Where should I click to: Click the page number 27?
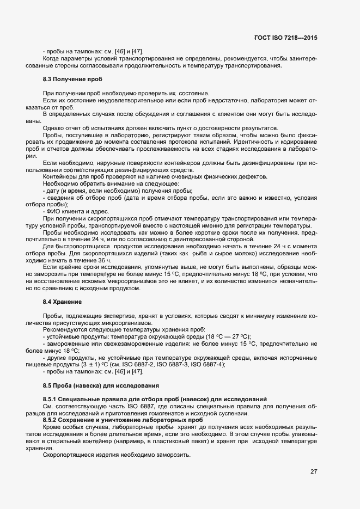pos(314,471)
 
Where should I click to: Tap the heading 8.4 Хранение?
pos(62,302)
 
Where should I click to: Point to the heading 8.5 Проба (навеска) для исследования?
pos(101,386)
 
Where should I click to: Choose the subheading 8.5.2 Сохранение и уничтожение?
pos(115,421)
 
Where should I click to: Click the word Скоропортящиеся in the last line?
pos(69,455)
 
